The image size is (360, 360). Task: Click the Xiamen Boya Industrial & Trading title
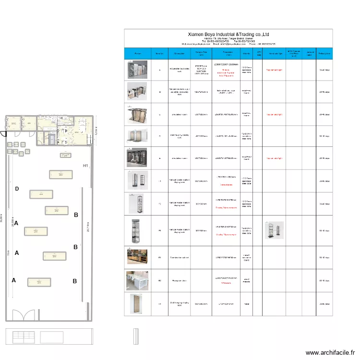click(228, 35)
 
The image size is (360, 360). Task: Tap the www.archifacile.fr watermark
click(331, 352)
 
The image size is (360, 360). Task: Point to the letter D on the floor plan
click(17, 189)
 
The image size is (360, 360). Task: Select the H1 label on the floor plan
click(86, 166)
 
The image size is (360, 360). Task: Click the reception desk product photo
click(134, 280)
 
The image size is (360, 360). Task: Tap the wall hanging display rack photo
click(134, 303)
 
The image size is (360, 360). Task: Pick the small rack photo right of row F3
click(274, 230)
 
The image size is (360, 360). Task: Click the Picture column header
click(138, 54)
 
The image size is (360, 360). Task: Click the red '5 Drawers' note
click(226, 283)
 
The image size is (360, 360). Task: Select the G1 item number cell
click(160, 257)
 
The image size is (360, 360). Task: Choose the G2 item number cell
click(160, 280)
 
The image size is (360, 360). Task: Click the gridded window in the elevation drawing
click(24, 336)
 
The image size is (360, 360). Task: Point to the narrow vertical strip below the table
click(135, 336)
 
